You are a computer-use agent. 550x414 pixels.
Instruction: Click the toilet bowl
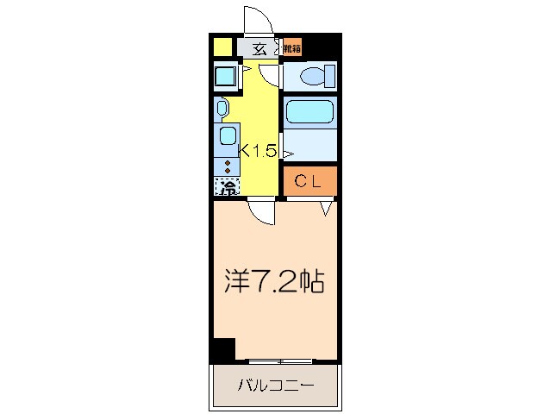[313, 77]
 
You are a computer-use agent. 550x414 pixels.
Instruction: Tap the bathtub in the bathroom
[309, 112]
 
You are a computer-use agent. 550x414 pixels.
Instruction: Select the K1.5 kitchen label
[258, 151]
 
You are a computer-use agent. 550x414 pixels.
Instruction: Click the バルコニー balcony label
[275, 386]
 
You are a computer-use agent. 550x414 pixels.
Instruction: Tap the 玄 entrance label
[259, 47]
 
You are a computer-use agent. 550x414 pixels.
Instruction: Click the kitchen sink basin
[228, 135]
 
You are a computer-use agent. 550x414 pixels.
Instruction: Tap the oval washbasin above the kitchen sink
[222, 108]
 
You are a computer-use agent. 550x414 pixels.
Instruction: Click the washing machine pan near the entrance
[228, 77]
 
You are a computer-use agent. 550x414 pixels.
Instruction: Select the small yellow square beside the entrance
[222, 47]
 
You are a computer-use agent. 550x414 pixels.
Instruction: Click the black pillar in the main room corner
[222, 348]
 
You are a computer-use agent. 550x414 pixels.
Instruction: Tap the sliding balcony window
[277, 359]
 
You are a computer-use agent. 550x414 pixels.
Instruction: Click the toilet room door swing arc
[272, 75]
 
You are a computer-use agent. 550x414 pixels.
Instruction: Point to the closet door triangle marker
[326, 208]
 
